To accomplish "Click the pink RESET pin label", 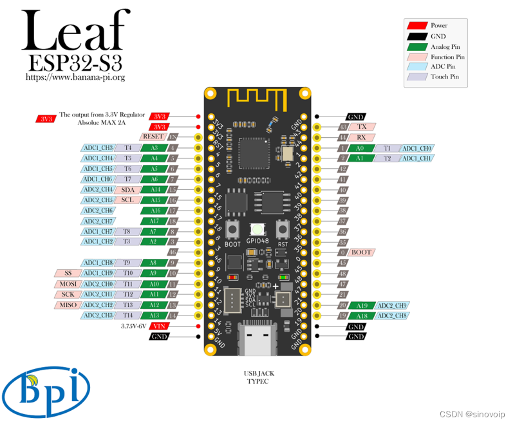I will coord(153,137).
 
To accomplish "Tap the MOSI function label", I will coord(68,284).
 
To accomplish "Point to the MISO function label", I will coord(68,305).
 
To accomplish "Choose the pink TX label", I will coord(362,127).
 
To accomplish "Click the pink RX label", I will coord(362,137).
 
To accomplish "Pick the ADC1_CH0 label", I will coord(418,148).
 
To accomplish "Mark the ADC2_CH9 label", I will coord(392,305).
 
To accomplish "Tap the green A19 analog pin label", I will coord(362,305).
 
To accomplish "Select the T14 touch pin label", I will coord(128,316).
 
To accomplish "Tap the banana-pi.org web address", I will coord(75,77).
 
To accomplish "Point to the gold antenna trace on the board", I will coord(257,97).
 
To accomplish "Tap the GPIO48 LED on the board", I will coord(257,229).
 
